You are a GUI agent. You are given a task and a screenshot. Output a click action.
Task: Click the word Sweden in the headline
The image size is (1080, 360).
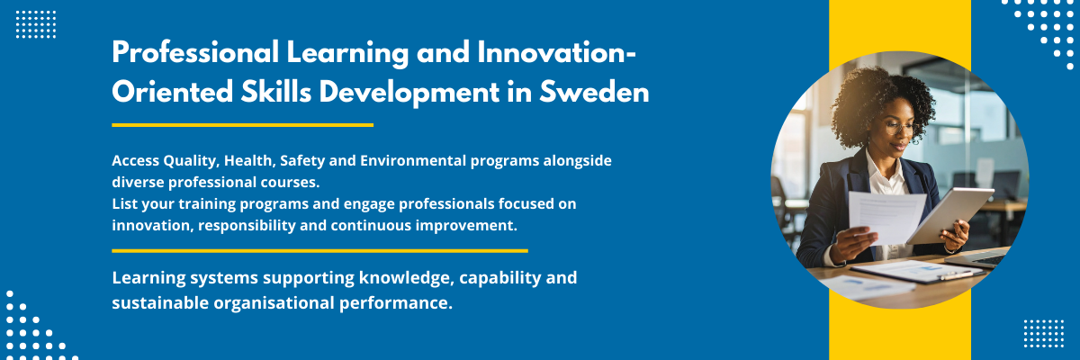(594, 91)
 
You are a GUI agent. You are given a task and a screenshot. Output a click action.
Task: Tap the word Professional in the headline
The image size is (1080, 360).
(195, 52)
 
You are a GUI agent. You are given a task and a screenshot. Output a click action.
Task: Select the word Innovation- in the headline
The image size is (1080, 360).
(557, 52)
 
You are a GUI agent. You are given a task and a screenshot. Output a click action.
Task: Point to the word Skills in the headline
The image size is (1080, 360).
(276, 91)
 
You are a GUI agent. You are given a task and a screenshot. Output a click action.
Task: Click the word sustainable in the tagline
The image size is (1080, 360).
(160, 303)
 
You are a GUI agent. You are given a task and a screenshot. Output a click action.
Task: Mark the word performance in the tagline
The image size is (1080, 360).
(396, 303)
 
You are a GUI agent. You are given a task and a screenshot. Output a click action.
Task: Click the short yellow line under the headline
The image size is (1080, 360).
(242, 125)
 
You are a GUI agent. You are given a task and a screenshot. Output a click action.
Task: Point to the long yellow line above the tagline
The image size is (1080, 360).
(319, 250)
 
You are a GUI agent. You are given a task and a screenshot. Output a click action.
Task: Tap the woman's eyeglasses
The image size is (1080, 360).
(900, 127)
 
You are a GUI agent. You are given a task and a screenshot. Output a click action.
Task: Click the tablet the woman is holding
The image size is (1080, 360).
(949, 213)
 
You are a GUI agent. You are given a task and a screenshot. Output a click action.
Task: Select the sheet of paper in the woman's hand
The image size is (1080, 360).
(886, 216)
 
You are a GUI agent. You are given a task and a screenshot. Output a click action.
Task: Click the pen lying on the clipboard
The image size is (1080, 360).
(956, 275)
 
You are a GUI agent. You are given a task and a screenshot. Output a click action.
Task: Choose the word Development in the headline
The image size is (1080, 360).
(409, 91)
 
